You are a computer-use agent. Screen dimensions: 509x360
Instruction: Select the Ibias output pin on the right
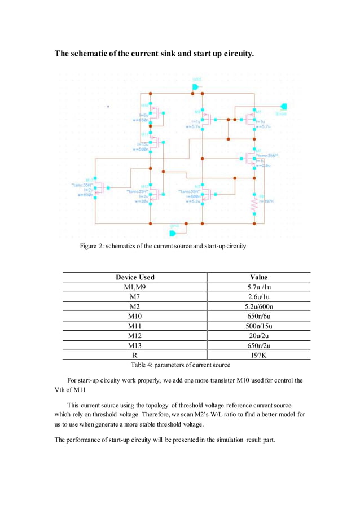284,106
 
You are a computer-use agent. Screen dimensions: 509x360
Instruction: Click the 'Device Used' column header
135,277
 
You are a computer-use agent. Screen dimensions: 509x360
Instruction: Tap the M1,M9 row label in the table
135,287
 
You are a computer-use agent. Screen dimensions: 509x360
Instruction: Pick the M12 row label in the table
135,336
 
